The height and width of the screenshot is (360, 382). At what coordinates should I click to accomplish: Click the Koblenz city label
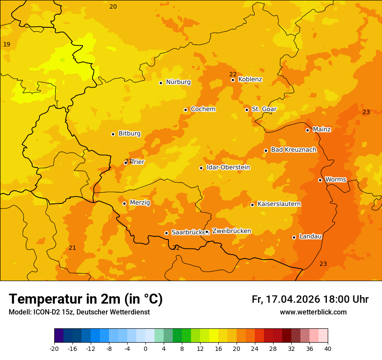pyautogui.click(x=250, y=79)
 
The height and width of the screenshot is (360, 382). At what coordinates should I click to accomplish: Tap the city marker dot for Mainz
pyautogui.click(x=307, y=130)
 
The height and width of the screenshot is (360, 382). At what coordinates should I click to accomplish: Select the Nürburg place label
pyautogui.click(x=178, y=82)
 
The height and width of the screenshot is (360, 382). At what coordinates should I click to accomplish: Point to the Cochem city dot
pyautogui.click(x=185, y=110)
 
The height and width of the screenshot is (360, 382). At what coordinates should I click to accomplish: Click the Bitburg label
pyautogui.click(x=129, y=134)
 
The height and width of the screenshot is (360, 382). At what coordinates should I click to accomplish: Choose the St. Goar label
pyautogui.click(x=264, y=109)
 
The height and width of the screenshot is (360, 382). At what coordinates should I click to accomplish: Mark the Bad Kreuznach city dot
pyautogui.click(x=266, y=151)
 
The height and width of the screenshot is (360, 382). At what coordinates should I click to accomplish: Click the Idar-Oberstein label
pyautogui.click(x=228, y=167)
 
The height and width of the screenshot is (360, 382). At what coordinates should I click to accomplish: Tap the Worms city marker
pyautogui.click(x=320, y=180)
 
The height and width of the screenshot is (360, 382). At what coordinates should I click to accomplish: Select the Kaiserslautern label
pyautogui.click(x=279, y=204)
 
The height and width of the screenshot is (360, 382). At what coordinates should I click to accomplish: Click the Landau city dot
pyautogui.click(x=294, y=237)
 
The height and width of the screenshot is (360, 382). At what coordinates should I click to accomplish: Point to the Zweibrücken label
pyautogui.click(x=231, y=231)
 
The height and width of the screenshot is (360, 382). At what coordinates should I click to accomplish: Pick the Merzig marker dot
pyautogui.click(x=124, y=203)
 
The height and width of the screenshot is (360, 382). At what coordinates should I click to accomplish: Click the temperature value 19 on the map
pyautogui.click(x=7, y=44)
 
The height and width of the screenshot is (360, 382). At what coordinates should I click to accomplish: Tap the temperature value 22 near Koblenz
pyautogui.click(x=233, y=74)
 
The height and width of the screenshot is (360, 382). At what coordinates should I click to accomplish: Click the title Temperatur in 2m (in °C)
pyautogui.click(x=86, y=299)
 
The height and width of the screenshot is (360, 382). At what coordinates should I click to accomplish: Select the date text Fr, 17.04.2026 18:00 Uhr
pyautogui.click(x=310, y=299)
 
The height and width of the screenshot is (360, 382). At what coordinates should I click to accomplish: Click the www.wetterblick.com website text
pyautogui.click(x=313, y=312)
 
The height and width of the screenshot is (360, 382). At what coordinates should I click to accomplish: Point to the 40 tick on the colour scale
pyautogui.click(x=328, y=348)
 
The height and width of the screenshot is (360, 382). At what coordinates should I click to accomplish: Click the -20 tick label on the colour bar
pyautogui.click(x=54, y=348)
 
